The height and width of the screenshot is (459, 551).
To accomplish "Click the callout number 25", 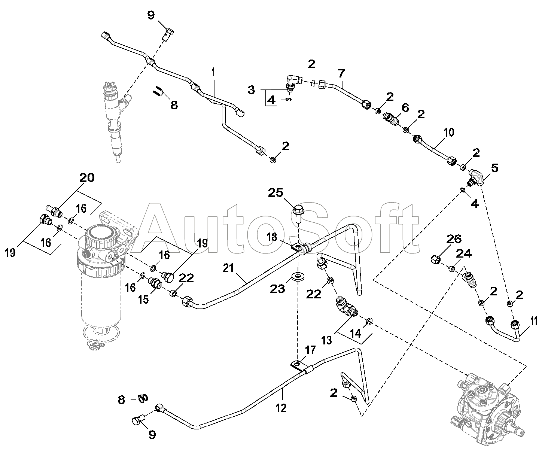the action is pyautogui.click(x=275, y=193).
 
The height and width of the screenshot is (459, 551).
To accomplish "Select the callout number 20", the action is pyautogui.click(x=87, y=178).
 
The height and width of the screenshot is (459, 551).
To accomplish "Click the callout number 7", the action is pyautogui.click(x=341, y=73).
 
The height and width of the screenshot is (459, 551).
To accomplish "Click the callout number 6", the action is pyautogui.click(x=405, y=108).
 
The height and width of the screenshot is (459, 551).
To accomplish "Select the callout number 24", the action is pyautogui.click(x=464, y=254).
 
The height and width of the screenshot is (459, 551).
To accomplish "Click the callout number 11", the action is pyautogui.click(x=534, y=321).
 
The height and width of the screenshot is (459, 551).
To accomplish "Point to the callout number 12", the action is pyautogui.click(x=281, y=408).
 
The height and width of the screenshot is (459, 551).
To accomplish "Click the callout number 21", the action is pyautogui.click(x=228, y=268).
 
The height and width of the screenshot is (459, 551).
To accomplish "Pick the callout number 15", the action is pyautogui.click(x=143, y=300).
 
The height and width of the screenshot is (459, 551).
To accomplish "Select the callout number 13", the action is pyautogui.click(x=326, y=340).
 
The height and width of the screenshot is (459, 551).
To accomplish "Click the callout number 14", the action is pyautogui.click(x=356, y=333).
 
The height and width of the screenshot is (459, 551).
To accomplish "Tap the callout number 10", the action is pyautogui.click(x=448, y=132).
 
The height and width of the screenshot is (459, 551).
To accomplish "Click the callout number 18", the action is pyautogui.click(x=271, y=237).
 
